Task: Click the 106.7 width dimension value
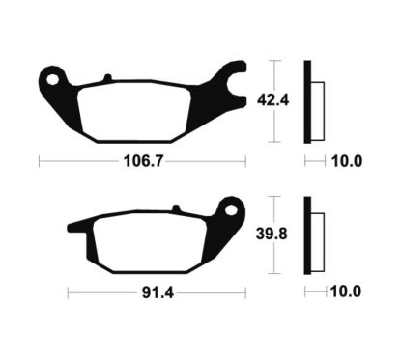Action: point(144,161)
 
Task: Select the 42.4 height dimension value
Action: point(272,100)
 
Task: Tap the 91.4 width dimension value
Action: point(158,292)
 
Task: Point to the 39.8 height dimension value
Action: point(272,234)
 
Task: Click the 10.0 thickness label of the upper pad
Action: point(347,161)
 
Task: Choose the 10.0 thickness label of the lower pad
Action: point(346,291)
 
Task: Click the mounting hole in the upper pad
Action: point(52,79)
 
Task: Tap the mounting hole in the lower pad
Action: point(231,210)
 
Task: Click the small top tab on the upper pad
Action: point(107,78)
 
